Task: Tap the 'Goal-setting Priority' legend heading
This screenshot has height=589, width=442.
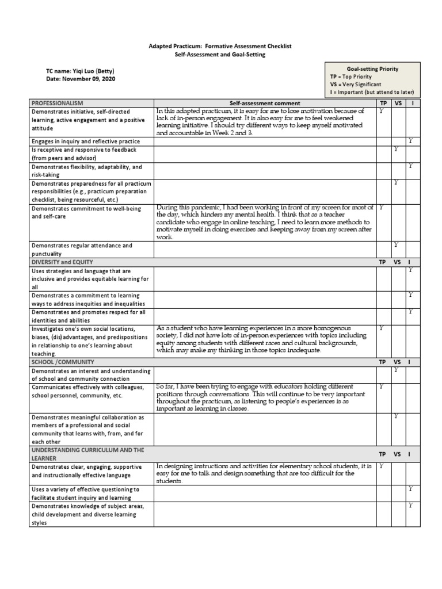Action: tap(372, 68)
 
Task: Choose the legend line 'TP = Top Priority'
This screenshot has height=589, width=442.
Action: tap(350, 77)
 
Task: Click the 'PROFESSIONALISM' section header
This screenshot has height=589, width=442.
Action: tap(58, 102)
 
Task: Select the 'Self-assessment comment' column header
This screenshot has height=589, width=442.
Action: tap(264, 103)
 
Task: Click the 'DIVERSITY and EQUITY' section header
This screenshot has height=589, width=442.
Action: tap(63, 262)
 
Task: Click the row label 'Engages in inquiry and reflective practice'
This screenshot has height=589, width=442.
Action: tap(86, 141)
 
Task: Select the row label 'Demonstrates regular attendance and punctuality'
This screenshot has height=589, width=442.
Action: tap(82, 249)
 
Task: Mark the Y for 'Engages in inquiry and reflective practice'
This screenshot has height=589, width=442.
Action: tap(410, 141)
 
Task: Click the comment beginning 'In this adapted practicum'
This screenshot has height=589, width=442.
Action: tap(264, 121)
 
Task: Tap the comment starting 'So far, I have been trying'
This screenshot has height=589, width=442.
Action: tap(264, 397)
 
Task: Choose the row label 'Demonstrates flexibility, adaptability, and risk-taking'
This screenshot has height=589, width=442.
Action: tap(86, 171)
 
